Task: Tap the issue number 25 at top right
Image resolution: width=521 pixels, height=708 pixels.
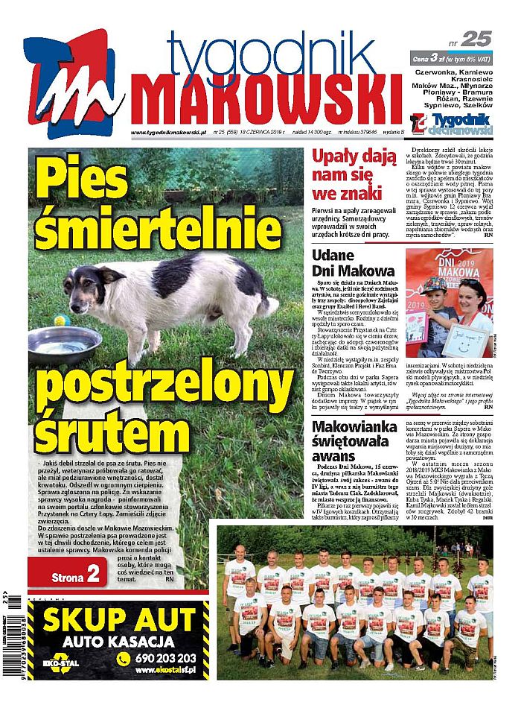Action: [x=476, y=39]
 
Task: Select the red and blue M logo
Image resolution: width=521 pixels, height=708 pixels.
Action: [x=71, y=82]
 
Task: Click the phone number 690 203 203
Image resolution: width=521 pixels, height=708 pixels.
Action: [x=165, y=659]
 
